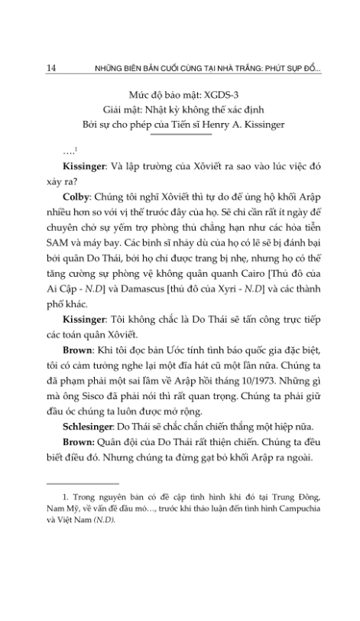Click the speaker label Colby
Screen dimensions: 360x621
(x=80, y=197)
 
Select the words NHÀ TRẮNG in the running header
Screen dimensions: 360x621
(x=219, y=68)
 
